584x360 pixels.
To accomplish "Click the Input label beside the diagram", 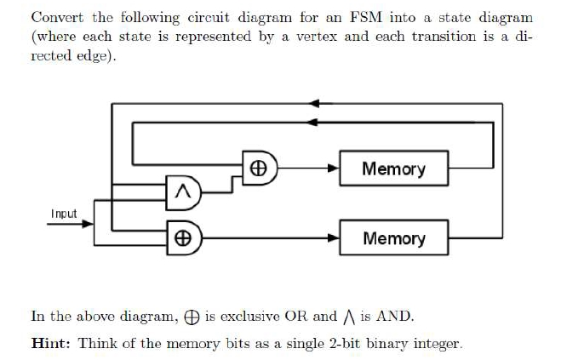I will [64, 214].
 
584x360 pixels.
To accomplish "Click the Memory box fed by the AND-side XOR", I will [392, 169].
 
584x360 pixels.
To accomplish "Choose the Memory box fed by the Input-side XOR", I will [392, 237].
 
